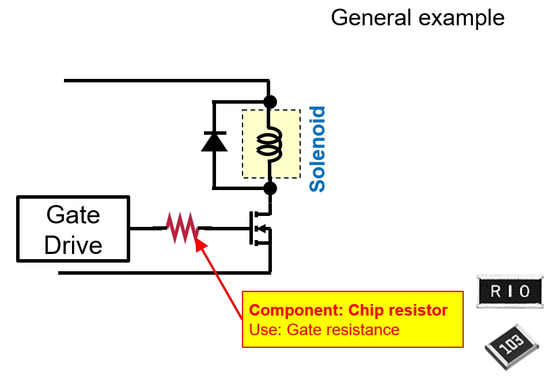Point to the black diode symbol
(214, 141)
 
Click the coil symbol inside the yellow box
(270, 144)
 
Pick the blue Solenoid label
(317, 149)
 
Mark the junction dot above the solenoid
(270, 102)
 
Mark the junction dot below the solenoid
(270, 188)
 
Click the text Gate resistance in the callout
(343, 330)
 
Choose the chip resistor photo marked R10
(510, 292)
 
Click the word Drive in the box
(73, 245)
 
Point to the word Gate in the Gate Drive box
(73, 215)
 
